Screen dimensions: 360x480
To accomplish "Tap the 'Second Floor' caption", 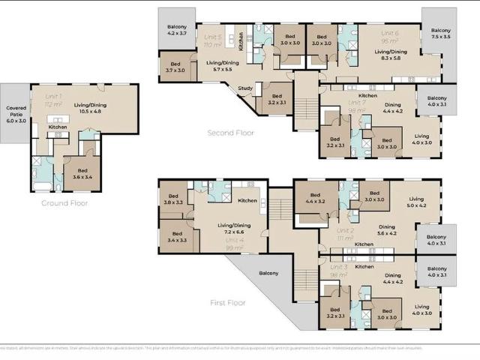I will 230,133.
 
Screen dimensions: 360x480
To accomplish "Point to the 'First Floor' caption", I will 229,303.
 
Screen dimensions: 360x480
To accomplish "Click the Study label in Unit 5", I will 244,88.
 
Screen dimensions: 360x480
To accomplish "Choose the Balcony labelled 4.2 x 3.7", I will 177,30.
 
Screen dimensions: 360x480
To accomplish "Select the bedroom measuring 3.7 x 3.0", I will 175,68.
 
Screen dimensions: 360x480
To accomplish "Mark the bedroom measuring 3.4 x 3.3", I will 178,237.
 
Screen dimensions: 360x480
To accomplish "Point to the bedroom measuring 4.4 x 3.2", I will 314,198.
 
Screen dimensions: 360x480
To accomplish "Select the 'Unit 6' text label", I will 390,33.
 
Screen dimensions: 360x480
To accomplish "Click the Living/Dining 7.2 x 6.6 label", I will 234,229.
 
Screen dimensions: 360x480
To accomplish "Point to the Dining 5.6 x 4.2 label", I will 388,230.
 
